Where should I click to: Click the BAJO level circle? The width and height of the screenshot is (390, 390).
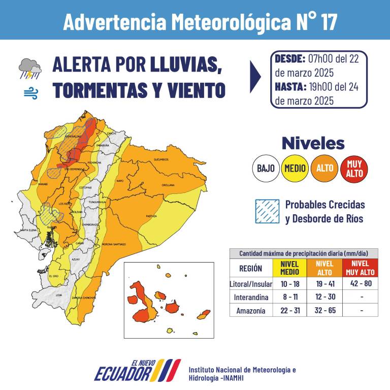point(266,167)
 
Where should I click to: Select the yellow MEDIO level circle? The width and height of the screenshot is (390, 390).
point(295,167)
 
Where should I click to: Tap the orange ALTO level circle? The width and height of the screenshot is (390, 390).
point(324,167)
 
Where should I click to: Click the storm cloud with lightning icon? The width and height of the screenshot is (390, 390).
point(30,69)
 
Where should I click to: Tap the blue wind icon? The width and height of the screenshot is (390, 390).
point(30,93)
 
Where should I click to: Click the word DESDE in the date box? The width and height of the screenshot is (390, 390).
point(290,58)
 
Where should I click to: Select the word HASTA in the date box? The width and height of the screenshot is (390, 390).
point(290,86)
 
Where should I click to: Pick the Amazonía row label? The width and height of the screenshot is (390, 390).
point(251,311)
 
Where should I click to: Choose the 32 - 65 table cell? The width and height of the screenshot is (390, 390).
point(324,311)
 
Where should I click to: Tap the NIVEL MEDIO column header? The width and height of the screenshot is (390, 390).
point(289,268)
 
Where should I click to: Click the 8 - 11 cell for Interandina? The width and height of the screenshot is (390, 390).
point(289,297)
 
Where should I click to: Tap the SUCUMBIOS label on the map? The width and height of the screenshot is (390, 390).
point(161,159)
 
